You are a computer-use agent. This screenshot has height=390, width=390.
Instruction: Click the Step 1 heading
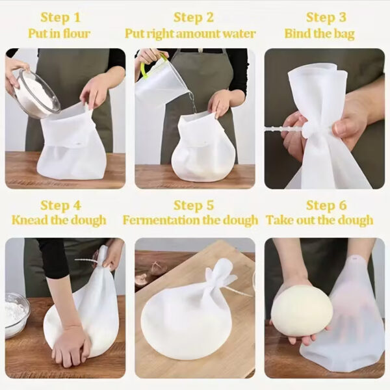(x=60, y=18)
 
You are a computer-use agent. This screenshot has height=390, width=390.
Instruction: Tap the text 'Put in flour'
(x=60, y=33)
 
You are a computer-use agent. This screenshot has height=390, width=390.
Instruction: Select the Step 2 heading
(x=194, y=18)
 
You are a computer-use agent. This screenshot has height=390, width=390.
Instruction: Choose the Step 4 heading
(x=60, y=205)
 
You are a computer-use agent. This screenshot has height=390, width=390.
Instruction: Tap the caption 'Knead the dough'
(x=59, y=220)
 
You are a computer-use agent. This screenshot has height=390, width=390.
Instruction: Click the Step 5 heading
(x=194, y=205)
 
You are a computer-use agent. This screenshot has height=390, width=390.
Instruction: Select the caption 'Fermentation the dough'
(x=190, y=220)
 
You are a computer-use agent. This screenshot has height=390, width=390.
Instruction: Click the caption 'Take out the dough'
(x=320, y=220)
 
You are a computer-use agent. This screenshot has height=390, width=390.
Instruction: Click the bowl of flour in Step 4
(x=16, y=315)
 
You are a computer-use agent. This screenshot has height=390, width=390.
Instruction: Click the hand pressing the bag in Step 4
(x=71, y=344)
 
